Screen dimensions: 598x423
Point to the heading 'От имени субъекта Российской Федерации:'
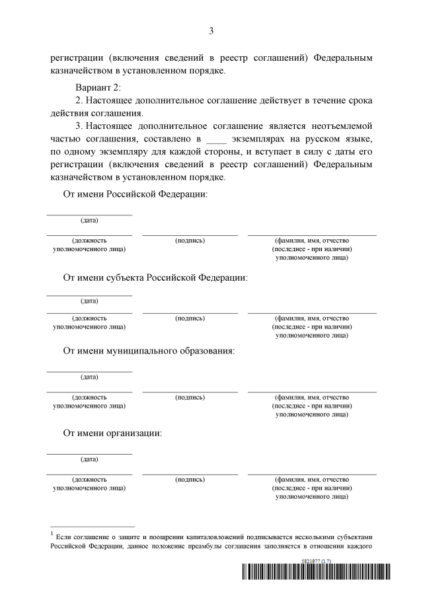click(x=155, y=277)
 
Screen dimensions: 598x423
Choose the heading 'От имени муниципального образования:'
click(x=149, y=350)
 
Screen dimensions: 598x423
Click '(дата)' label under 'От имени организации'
click(x=89, y=459)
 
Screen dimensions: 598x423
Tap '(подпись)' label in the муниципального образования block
click(x=190, y=397)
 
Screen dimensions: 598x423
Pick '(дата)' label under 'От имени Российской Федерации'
click(x=89, y=220)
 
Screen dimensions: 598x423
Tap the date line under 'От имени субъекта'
click(x=89, y=295)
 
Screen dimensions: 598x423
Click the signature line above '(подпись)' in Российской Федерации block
click(x=190, y=235)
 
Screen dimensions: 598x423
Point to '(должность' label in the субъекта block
click(x=89, y=318)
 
